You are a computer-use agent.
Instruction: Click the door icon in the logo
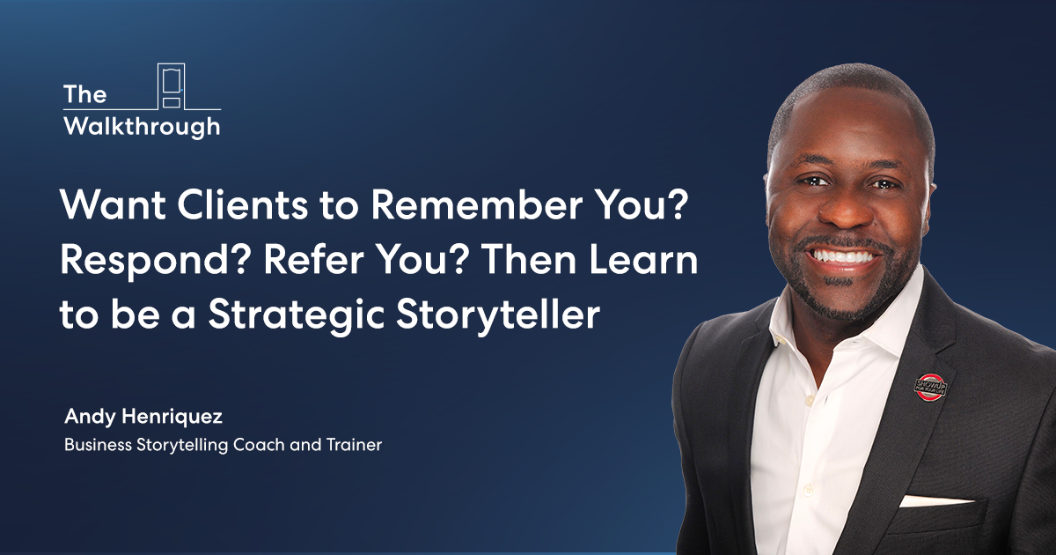coord(171,86)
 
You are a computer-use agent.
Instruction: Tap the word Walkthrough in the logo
coord(142,127)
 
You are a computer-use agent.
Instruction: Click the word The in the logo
coord(84,94)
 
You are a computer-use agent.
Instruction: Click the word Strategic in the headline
coord(297,314)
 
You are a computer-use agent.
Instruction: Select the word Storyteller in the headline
coord(498,314)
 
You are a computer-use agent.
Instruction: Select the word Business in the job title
coord(98,445)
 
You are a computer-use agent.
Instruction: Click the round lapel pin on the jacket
coord(930,387)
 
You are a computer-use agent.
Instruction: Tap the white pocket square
coord(935,500)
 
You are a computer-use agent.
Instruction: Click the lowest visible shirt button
coord(808,492)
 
